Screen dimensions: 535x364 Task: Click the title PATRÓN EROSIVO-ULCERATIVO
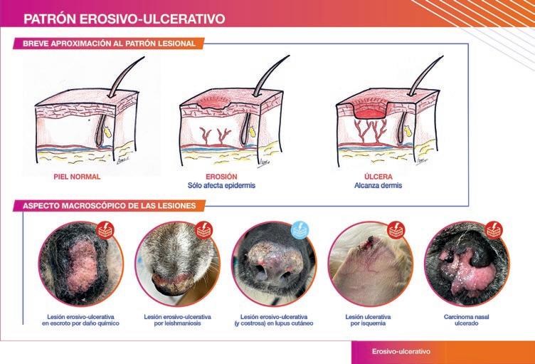pos(125,19)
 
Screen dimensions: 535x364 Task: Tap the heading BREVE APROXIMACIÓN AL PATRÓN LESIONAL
pos(109,43)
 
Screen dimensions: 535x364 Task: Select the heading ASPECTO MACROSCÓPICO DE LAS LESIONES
pos(109,206)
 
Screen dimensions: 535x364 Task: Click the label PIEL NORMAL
pos(77,177)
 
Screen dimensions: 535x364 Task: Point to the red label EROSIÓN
pos(221,177)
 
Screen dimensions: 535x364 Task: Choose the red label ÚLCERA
pos(378,177)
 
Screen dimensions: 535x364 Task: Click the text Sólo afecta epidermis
pos(221,186)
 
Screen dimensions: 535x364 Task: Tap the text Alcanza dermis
pos(378,186)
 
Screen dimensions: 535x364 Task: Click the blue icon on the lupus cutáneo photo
pos(300,230)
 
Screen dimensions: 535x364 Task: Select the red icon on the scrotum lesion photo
pos(105,230)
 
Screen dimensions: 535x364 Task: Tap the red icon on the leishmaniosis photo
pos(204,230)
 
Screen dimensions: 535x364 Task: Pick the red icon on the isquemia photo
pos(396,230)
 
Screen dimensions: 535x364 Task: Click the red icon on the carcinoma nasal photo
pos(494,230)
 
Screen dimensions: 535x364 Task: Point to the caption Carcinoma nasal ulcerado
pos(467,320)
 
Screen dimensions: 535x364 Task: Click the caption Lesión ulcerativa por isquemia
pos(368,320)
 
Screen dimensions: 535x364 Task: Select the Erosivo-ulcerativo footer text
pos(401,351)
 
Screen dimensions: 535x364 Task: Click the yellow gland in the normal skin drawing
pos(107,132)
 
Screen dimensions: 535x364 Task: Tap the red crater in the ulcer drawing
pos(370,113)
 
